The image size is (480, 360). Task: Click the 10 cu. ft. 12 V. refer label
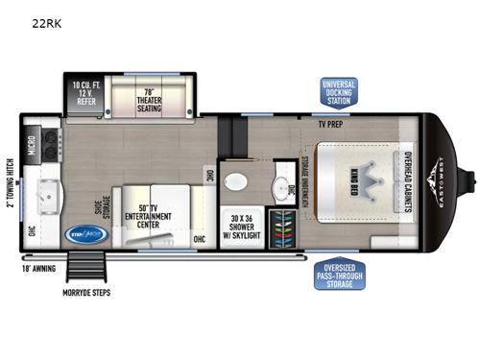tap(83, 94)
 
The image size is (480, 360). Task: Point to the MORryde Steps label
tap(84, 292)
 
